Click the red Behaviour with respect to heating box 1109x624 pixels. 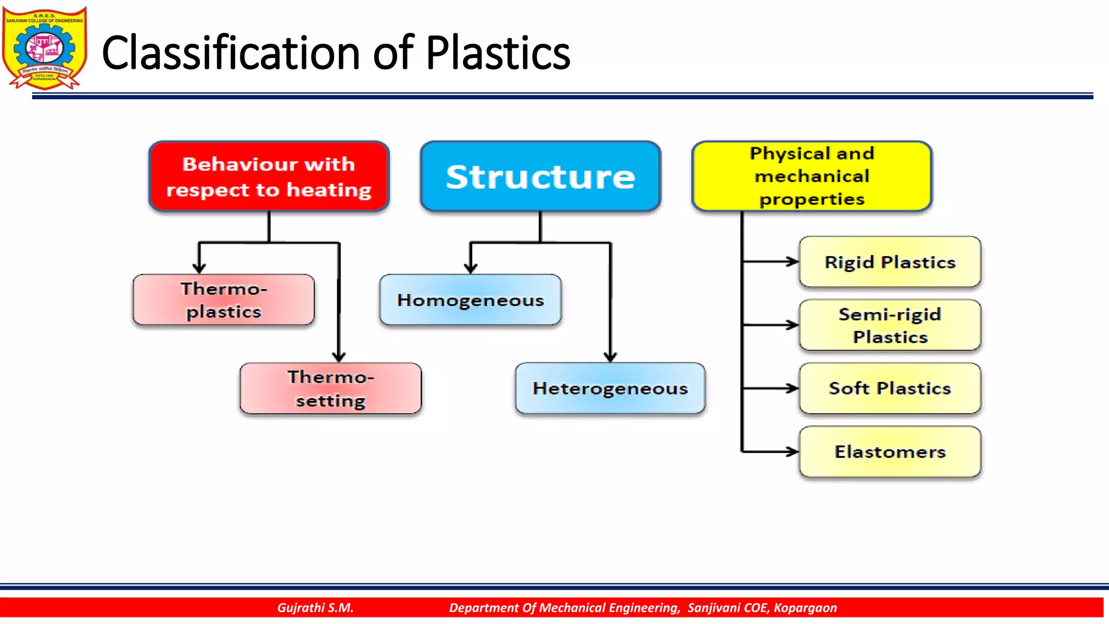tap(269, 177)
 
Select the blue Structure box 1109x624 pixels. tap(540, 177)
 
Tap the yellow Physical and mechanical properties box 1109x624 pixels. tap(812, 177)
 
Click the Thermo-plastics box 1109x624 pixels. tap(224, 300)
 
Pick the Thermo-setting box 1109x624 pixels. tap(330, 388)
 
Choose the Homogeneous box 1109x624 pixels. tap(470, 300)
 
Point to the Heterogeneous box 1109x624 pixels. tap(610, 388)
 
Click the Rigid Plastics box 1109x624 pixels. tap(890, 262)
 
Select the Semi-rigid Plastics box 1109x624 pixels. tap(890, 326)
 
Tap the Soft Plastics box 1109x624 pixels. tap(890, 388)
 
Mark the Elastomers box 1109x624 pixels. tap(890, 452)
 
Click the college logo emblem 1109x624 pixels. tap(44, 48)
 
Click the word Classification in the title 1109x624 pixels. tap(230, 53)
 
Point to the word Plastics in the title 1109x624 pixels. tap(498, 53)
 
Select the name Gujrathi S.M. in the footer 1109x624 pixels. tap(315, 608)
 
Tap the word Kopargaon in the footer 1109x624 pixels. tap(805, 608)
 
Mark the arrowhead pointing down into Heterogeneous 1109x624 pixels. tap(610, 356)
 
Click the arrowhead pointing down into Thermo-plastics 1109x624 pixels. tap(199, 268)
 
